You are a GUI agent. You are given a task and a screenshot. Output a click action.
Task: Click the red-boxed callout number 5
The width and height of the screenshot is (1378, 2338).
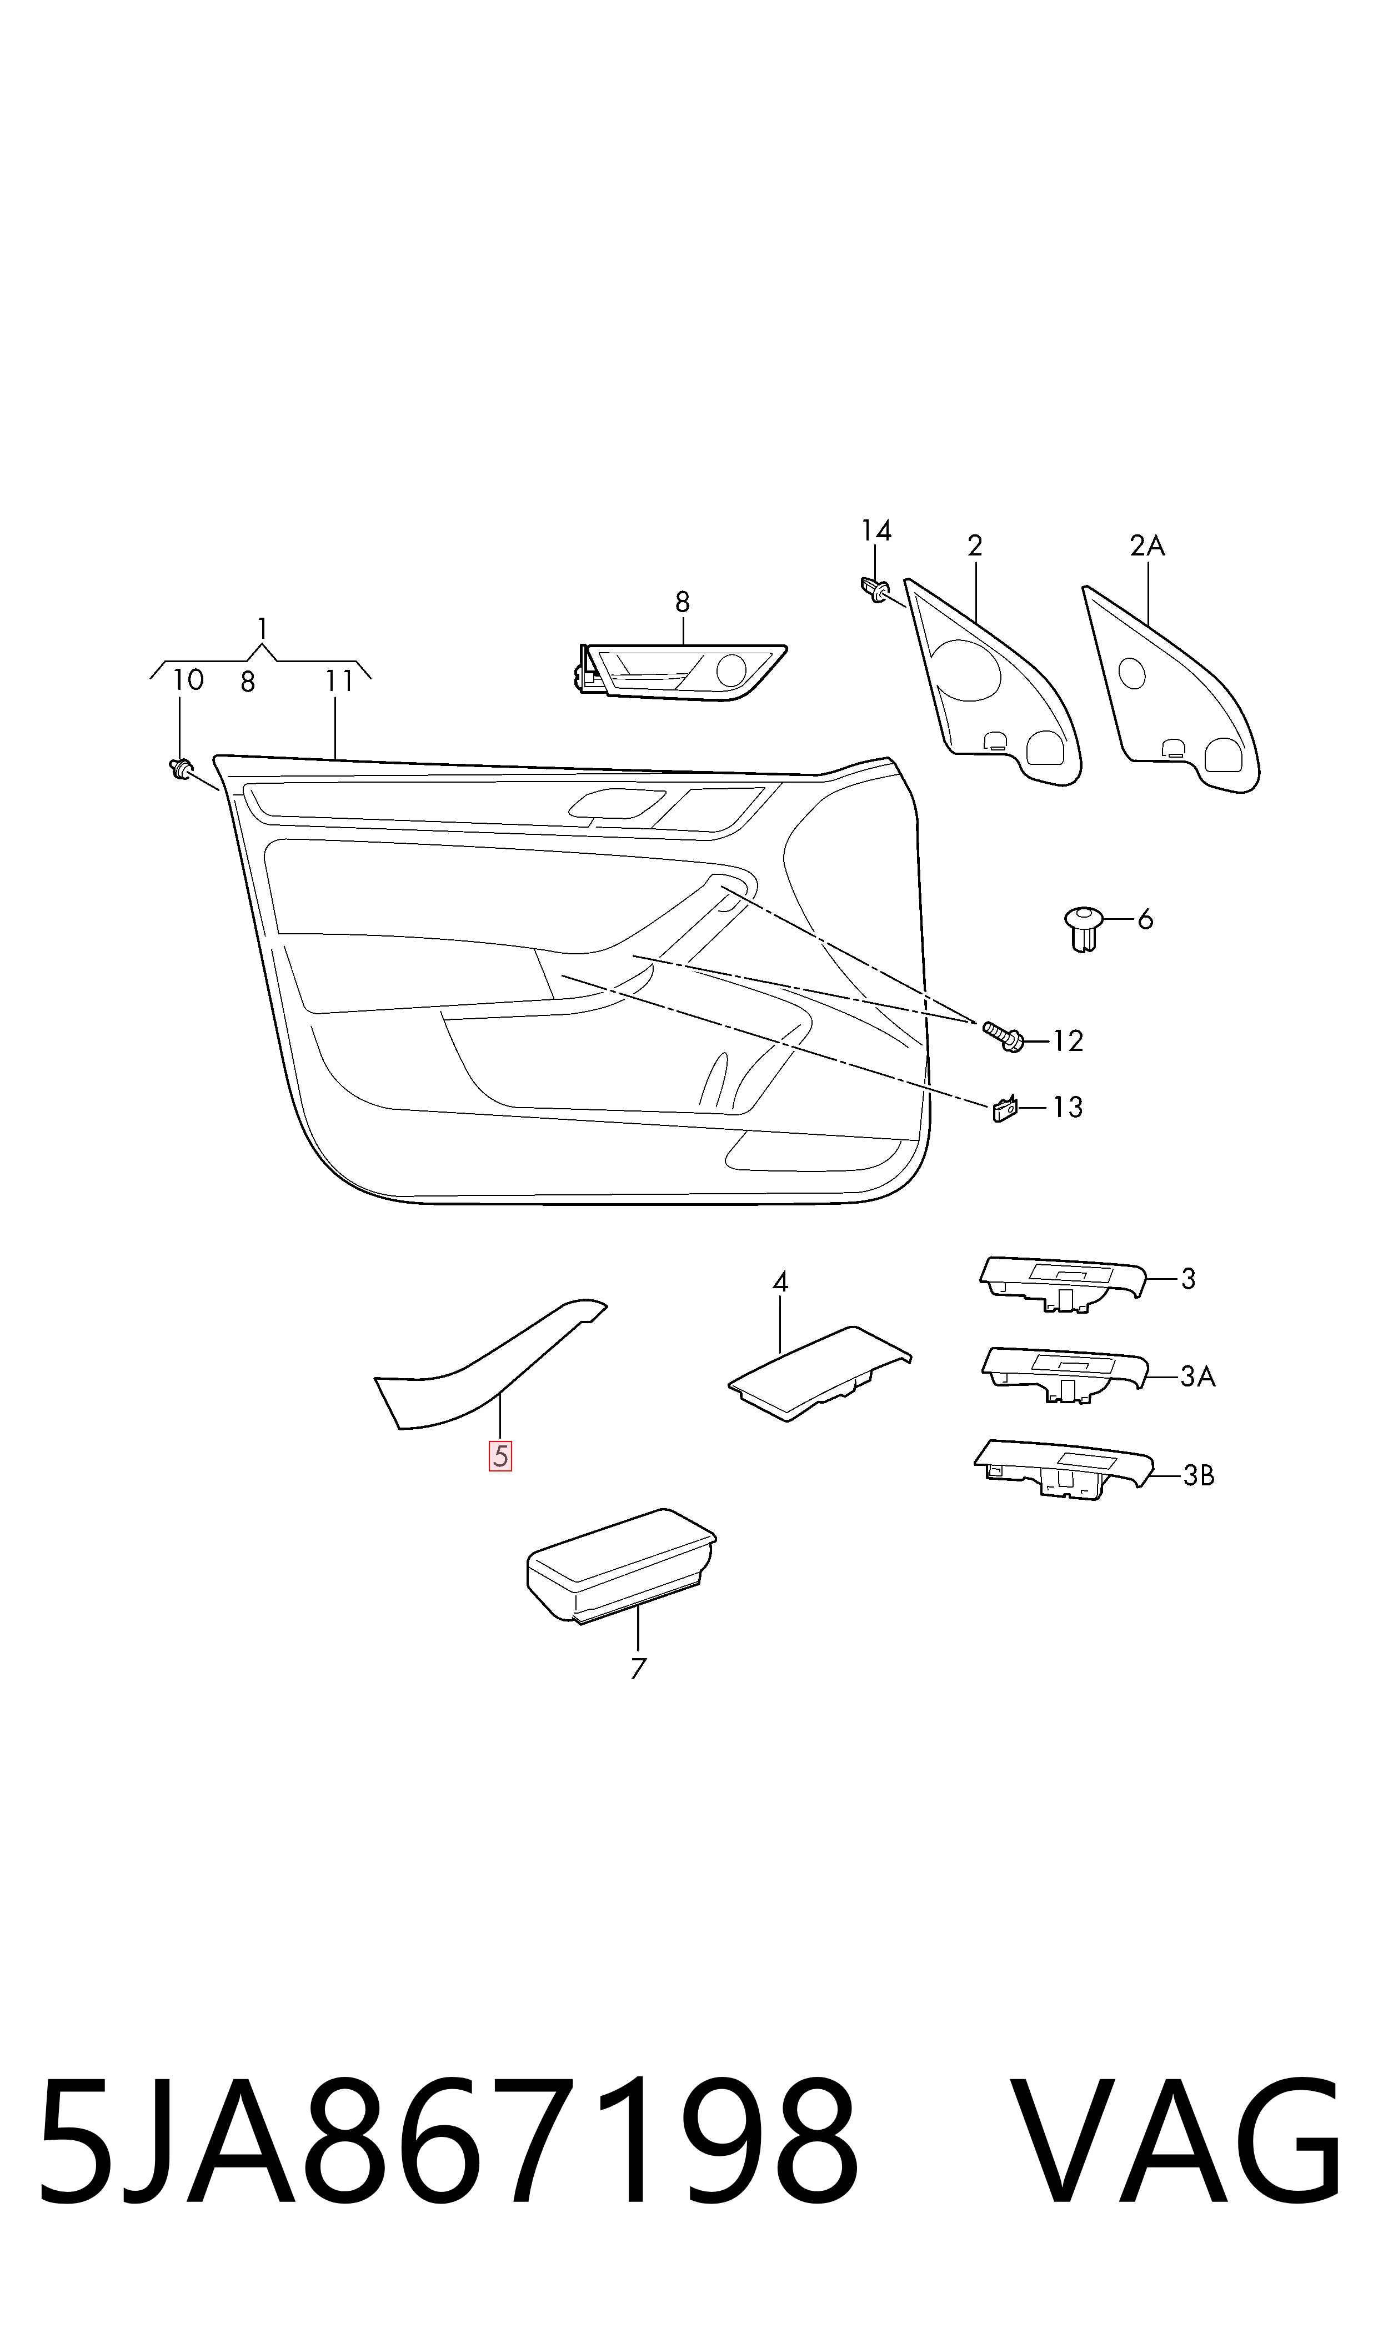coord(500,1456)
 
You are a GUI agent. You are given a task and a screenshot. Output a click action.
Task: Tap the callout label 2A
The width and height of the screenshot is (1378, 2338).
coord(1147,546)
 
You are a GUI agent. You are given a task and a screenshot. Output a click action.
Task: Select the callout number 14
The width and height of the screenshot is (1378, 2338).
coord(876,531)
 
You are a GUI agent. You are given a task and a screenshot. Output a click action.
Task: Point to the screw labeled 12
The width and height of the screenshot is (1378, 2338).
coord(1003,1036)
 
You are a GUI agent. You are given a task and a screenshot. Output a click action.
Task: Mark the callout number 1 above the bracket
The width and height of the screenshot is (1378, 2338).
coord(263,629)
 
